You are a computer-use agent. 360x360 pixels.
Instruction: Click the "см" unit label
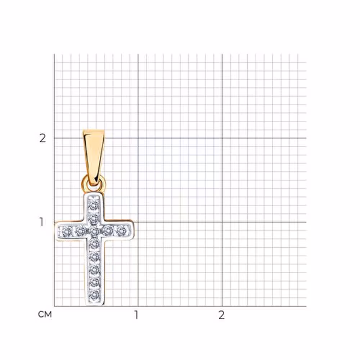(x=45, y=314)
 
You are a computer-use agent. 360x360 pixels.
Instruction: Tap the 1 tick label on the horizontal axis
(x=136, y=315)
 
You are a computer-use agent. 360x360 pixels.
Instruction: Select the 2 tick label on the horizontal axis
(x=221, y=315)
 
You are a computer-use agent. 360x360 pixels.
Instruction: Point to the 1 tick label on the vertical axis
(x=41, y=222)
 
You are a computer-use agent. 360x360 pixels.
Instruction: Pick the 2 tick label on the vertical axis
(x=43, y=138)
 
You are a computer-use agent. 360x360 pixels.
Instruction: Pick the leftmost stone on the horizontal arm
(x=67, y=231)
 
